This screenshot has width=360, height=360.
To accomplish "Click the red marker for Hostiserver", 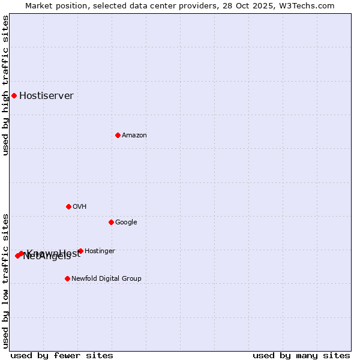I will point(14,95).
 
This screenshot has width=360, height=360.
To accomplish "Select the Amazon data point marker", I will point(118,135).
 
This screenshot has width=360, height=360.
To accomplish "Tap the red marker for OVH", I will point(68,206).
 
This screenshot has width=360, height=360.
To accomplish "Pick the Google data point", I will point(111,222).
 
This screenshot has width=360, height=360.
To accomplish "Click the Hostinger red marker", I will point(80,251).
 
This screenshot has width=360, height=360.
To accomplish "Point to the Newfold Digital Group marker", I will point(67,278).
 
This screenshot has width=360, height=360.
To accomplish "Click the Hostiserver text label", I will point(46,96).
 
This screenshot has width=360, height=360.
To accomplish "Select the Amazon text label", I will point(134,136).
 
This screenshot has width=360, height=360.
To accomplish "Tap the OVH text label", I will point(80,207).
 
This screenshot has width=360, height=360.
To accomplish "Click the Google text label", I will point(126,223).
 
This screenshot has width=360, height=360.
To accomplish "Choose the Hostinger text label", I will point(100,251).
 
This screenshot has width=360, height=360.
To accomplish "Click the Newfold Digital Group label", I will point(106,279).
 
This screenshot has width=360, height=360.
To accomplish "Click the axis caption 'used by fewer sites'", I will point(62,356).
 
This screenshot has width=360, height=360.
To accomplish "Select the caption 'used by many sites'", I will point(301,356).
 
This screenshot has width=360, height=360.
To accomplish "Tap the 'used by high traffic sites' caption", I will point(6,85).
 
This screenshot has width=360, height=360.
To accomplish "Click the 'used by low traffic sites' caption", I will point(6,280).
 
